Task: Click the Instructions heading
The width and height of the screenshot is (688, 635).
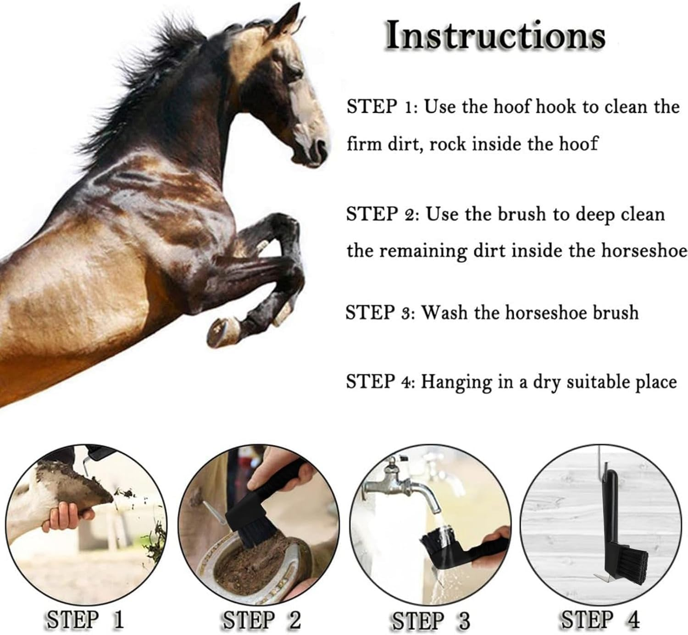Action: (495, 35)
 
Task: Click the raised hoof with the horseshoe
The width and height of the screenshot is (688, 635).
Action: (222, 331)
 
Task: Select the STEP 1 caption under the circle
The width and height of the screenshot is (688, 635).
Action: (85, 620)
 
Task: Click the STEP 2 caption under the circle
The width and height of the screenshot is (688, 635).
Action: (261, 620)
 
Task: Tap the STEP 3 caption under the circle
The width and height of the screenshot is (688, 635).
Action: (431, 621)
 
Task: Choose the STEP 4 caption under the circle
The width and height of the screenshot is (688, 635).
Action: (600, 620)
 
